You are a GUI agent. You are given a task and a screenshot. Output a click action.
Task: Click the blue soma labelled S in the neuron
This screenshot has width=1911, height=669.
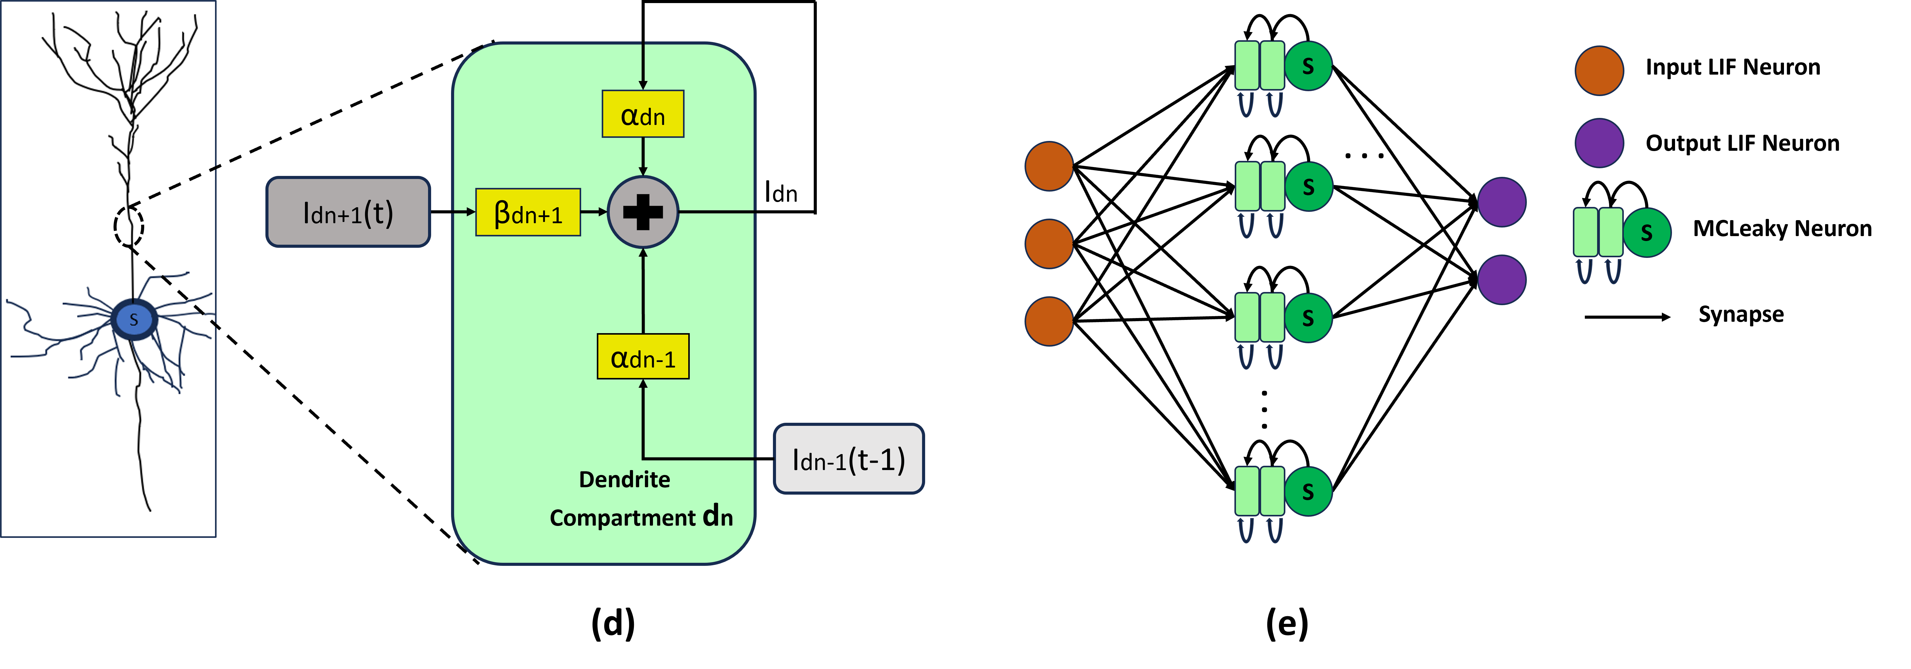click(x=133, y=319)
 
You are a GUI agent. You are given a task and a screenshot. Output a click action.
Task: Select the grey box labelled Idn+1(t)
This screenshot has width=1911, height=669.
click(x=348, y=212)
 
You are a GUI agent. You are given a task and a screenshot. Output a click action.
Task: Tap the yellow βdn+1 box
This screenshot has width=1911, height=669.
click(x=527, y=213)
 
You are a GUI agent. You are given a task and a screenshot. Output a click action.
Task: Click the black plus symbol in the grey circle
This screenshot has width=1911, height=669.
click(x=643, y=212)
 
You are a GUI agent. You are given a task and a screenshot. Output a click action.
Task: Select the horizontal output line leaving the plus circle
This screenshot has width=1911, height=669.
click(x=716, y=212)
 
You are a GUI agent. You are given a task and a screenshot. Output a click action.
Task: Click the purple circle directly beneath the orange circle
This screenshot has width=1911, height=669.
click(x=1599, y=142)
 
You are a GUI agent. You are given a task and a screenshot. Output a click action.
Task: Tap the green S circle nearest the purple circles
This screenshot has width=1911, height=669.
click(x=1646, y=232)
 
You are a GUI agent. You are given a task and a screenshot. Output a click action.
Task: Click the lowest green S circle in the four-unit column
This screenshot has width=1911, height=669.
click(x=1308, y=491)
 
